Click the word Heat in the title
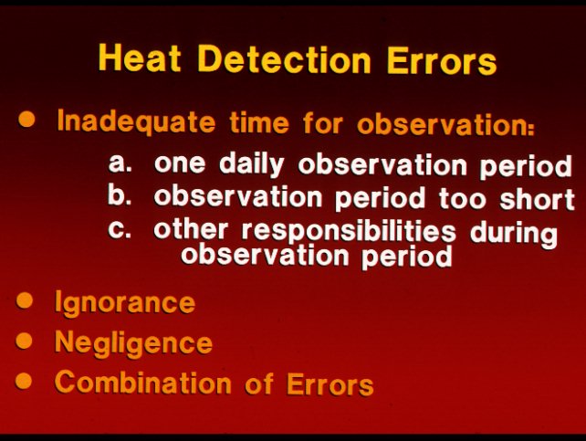[x=140, y=58]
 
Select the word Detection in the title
[x=284, y=59]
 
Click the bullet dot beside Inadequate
[x=26, y=120]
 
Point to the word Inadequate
[x=136, y=122]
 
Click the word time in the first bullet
[x=259, y=122]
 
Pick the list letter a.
[x=120, y=163]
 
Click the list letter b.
[x=120, y=194]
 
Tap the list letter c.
[x=120, y=229]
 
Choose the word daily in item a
[x=252, y=164]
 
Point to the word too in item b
[x=462, y=199]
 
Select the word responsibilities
[x=349, y=231]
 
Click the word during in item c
[x=514, y=233]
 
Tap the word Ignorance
[x=125, y=303]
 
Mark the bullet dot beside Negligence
[x=24, y=341]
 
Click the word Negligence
[x=133, y=342]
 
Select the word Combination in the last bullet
[x=142, y=383]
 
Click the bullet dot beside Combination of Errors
[x=24, y=380]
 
